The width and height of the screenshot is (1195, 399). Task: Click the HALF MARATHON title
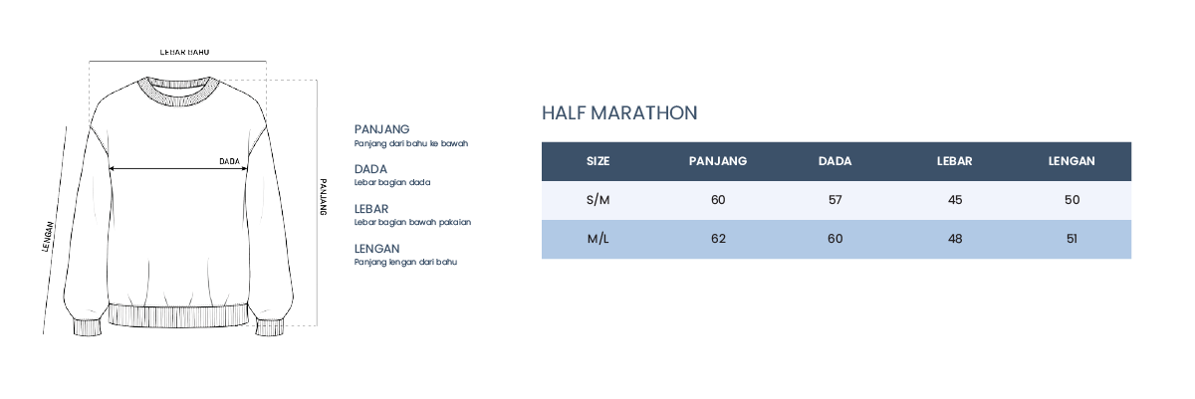619,113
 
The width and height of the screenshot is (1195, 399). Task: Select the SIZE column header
597,161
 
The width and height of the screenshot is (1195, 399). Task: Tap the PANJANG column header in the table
718,161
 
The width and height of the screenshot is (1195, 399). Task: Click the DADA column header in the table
835,161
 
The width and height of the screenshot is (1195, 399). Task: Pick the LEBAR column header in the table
954,161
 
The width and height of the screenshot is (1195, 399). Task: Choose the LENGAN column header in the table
1072,161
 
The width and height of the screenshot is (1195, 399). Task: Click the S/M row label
597,200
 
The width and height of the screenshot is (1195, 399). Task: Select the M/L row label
597,239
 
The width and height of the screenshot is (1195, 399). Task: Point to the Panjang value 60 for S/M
718,200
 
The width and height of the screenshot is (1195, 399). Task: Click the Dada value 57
835,200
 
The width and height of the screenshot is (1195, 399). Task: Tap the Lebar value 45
954,200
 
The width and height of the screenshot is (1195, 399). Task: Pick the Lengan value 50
1072,200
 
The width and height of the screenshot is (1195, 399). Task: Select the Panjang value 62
718,239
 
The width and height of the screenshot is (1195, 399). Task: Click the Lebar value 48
955,239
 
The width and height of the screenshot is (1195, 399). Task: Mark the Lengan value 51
1072,239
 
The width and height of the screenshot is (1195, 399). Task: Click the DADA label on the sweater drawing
229,161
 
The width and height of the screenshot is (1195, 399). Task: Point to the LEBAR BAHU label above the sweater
184,52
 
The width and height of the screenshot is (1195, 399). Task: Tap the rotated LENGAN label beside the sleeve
48,237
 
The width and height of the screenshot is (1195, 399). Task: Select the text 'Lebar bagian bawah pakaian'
412,222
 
